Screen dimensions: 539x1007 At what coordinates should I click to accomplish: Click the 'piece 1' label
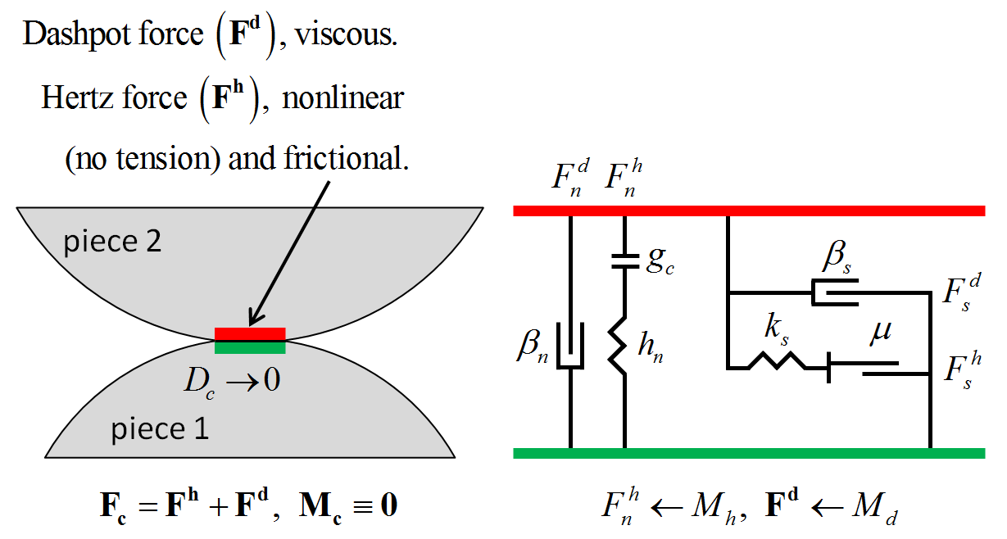click(x=159, y=428)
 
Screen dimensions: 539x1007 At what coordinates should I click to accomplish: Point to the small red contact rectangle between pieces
click(x=250, y=333)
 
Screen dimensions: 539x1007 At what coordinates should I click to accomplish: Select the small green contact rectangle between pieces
click(x=250, y=347)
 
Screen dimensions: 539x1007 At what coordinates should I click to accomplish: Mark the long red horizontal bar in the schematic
click(x=748, y=211)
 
